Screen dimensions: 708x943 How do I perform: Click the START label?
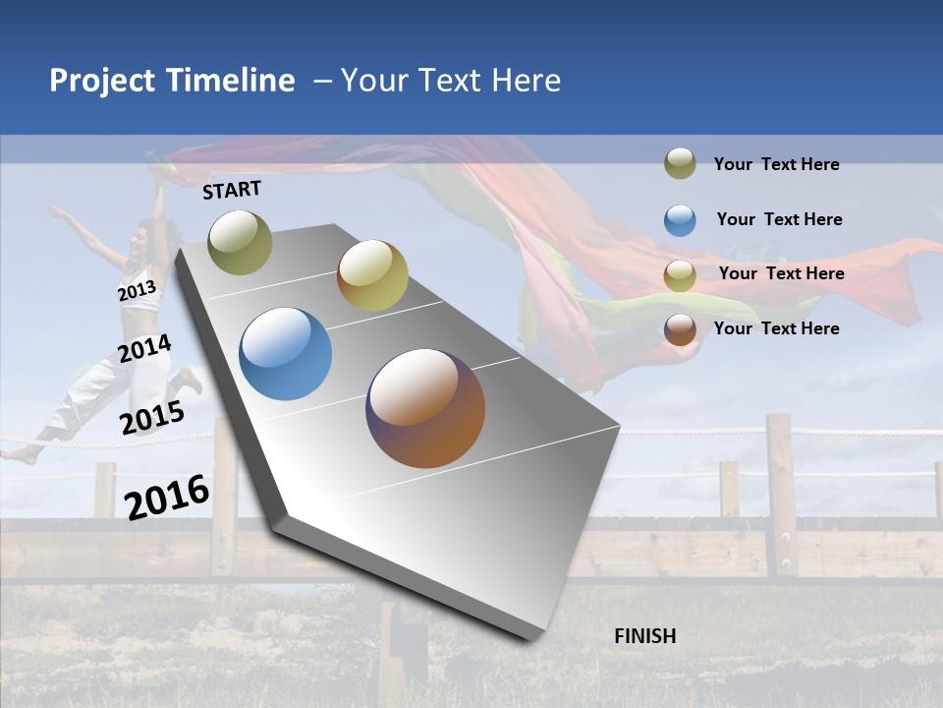point(232,190)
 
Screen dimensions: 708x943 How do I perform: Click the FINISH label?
point(644,636)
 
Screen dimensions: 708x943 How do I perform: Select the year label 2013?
point(137,291)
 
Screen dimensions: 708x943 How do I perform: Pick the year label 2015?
point(151,418)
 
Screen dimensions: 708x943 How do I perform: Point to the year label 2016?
point(167,497)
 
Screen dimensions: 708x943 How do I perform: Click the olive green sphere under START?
point(240,242)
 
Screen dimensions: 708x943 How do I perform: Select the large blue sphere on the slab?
point(285,354)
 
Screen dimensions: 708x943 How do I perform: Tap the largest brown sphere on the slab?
point(425,408)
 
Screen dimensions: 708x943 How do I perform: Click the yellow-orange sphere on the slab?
point(372,275)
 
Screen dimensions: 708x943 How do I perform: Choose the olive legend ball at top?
point(680,163)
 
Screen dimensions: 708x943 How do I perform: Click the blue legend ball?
point(680,219)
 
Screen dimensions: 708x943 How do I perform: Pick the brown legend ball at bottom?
point(680,328)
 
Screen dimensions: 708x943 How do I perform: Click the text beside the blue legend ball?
point(779,219)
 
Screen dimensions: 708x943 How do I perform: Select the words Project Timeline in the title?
point(172,81)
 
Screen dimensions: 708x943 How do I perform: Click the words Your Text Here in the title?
point(450,81)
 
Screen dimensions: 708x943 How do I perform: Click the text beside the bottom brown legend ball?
point(776,328)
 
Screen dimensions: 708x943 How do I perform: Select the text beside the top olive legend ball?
point(776,164)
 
